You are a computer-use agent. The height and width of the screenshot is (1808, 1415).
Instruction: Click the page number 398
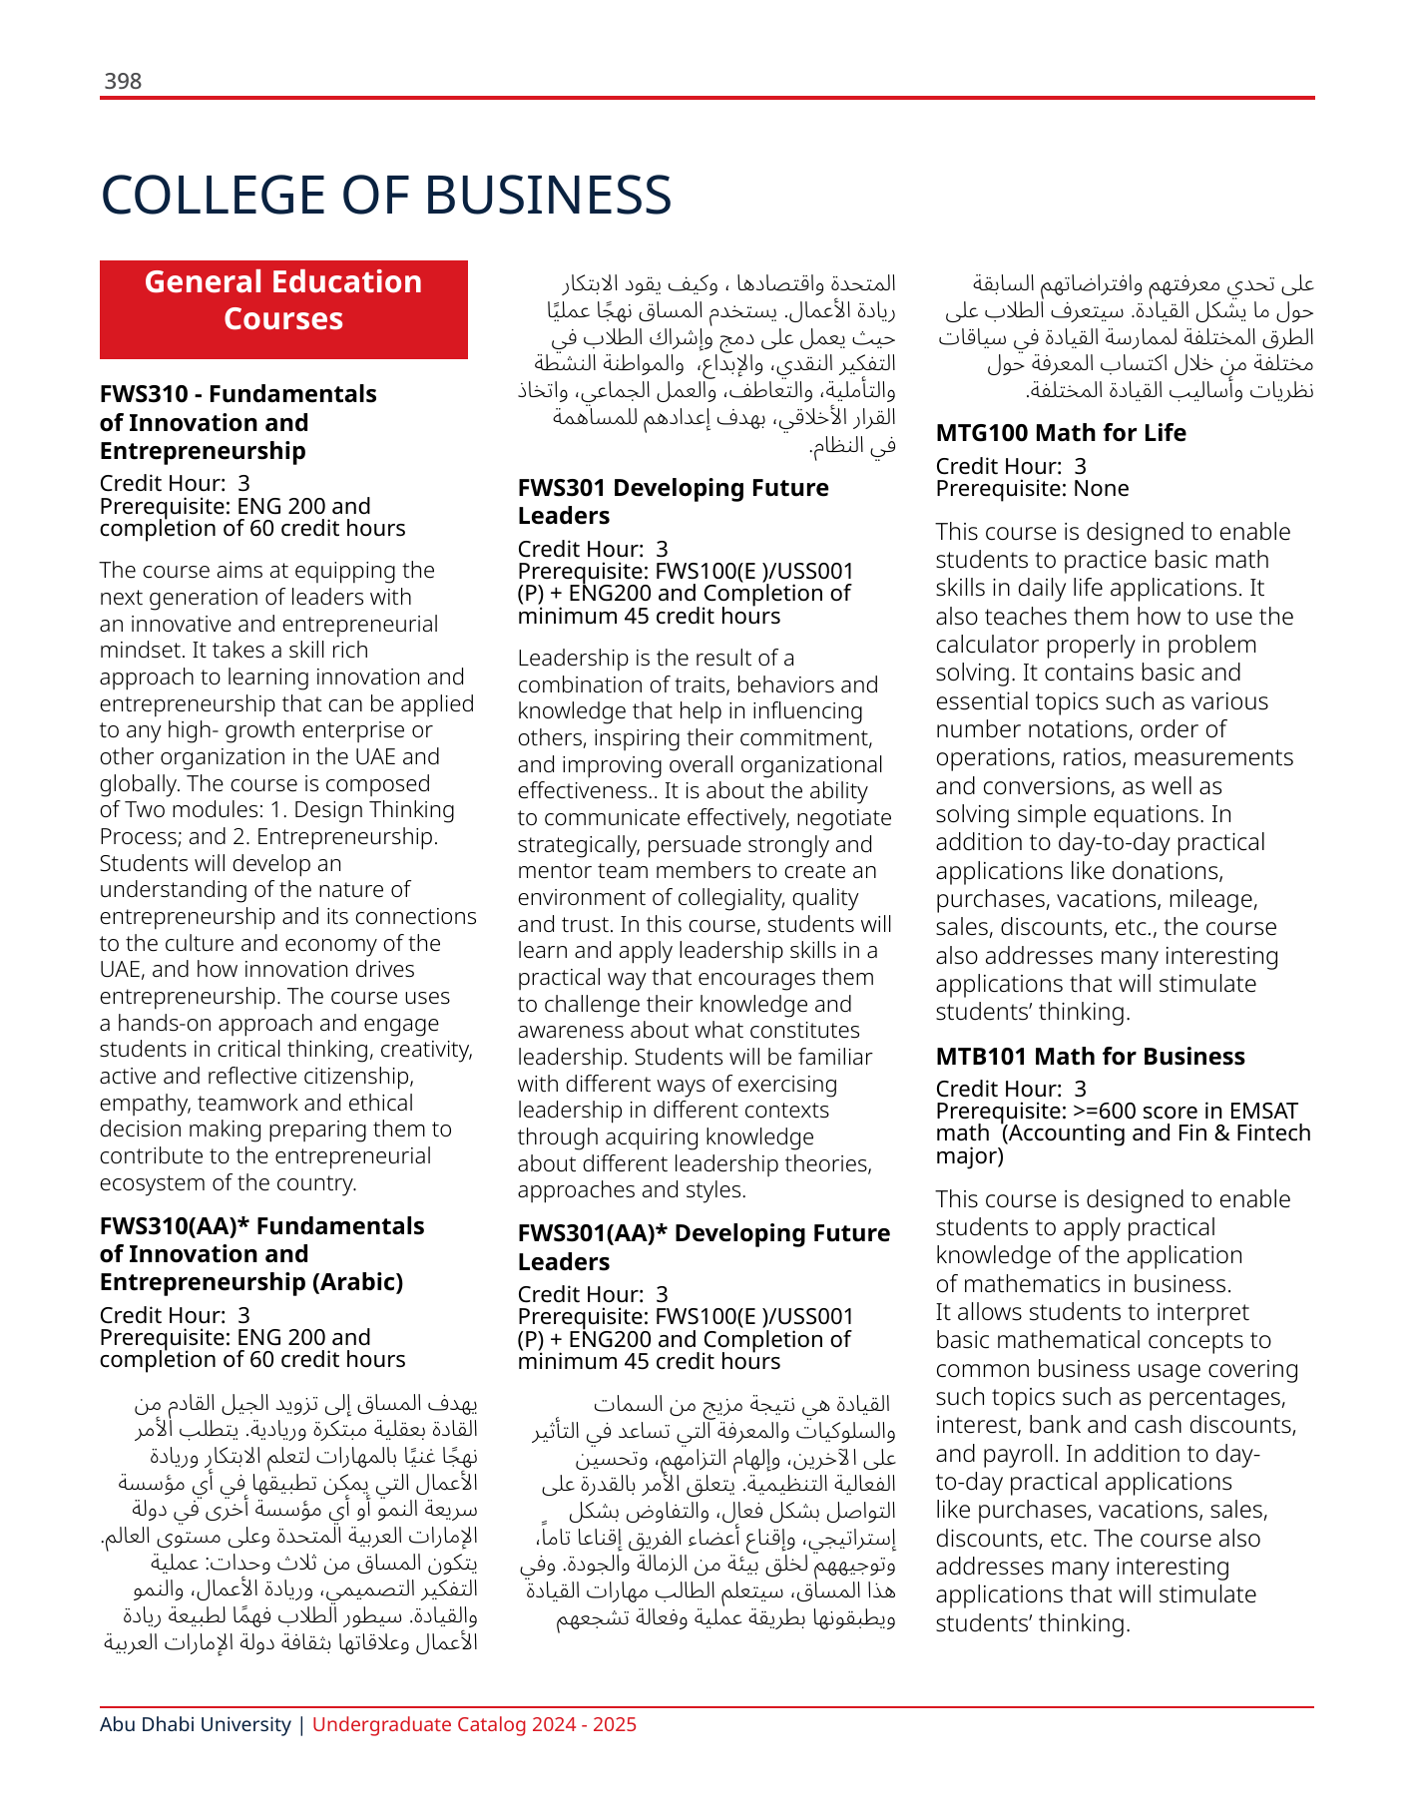(123, 81)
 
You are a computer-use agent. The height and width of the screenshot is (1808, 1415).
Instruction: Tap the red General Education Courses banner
(283, 309)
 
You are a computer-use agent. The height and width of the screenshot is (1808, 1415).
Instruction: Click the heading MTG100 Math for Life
(1061, 433)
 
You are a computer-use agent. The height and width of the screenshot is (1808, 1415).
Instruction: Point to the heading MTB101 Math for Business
(1090, 1057)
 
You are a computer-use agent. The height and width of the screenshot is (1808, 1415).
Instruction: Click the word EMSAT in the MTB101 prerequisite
(1263, 1112)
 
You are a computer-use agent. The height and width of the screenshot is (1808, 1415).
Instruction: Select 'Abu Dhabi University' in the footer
(196, 1724)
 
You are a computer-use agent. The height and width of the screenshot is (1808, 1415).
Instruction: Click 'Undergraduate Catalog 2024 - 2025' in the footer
(474, 1724)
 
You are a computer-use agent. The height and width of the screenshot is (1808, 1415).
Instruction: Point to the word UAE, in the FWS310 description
(122, 970)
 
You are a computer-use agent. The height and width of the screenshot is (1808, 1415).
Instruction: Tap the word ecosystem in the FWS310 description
(149, 1183)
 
